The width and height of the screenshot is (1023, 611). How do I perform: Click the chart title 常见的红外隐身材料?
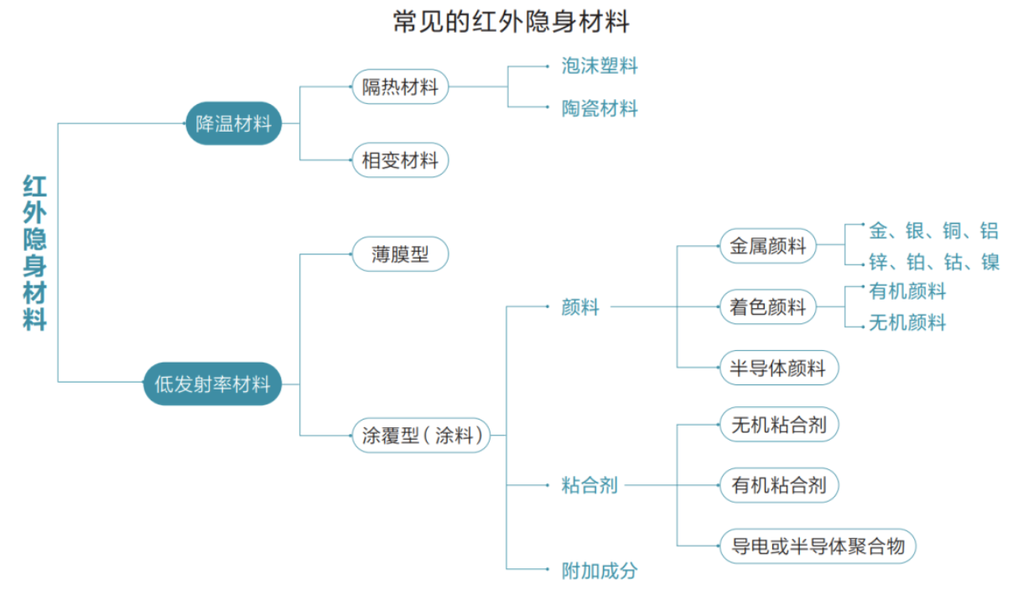(511, 22)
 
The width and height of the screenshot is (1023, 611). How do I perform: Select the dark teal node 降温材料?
(233, 124)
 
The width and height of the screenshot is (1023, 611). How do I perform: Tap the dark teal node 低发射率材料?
(212, 384)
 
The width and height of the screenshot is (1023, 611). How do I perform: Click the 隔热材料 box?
(400, 86)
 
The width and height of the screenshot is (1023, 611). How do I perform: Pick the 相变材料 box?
(400, 159)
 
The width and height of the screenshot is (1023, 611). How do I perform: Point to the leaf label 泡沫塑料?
(600, 65)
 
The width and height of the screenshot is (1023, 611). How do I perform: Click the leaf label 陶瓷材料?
(600, 108)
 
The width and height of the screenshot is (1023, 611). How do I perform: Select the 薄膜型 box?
(400, 254)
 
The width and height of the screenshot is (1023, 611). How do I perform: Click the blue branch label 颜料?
(580, 307)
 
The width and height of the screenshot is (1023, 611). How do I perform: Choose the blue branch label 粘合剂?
(589, 485)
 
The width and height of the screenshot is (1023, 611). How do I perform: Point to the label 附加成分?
(600, 571)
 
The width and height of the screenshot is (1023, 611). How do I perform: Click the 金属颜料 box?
(767, 246)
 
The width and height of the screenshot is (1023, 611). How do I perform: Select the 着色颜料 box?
(767, 307)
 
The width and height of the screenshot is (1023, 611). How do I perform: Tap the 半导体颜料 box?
(778, 368)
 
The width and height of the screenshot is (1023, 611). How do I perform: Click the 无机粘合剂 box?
(778, 425)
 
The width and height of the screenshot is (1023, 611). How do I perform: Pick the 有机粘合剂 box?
(778, 485)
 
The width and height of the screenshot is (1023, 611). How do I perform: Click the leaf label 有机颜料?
(907, 291)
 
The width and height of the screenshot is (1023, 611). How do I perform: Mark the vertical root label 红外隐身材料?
(34, 253)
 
